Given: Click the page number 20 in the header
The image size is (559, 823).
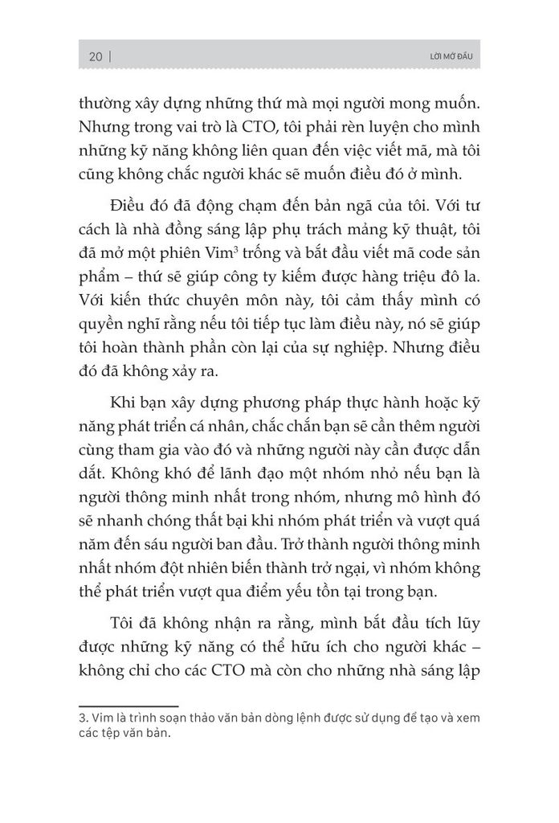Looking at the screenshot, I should pos(95,56).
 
